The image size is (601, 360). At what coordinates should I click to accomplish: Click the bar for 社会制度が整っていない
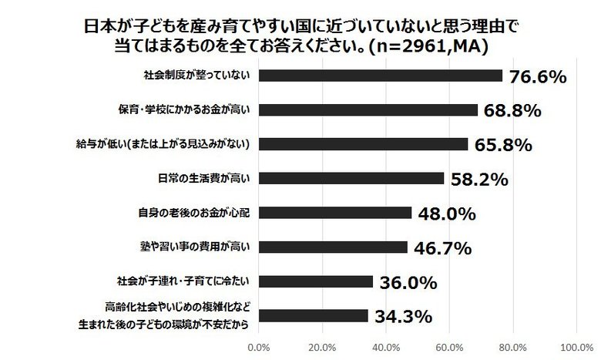pyautogui.click(x=381, y=76)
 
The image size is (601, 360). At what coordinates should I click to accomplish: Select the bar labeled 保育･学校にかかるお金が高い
pyautogui.click(x=368, y=109)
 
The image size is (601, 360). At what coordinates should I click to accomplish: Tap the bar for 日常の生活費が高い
pyautogui.click(x=351, y=178)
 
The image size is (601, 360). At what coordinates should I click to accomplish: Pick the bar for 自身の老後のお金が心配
pyautogui.click(x=335, y=213)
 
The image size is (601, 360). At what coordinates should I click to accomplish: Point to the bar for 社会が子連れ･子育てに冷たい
pyautogui.click(x=316, y=281)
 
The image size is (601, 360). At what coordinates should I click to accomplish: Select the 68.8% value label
pyautogui.click(x=511, y=110)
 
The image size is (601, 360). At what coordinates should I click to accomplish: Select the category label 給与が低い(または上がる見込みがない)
pyautogui.click(x=189, y=144)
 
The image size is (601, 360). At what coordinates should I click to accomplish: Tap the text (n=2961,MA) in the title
pyautogui.click(x=426, y=45)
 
